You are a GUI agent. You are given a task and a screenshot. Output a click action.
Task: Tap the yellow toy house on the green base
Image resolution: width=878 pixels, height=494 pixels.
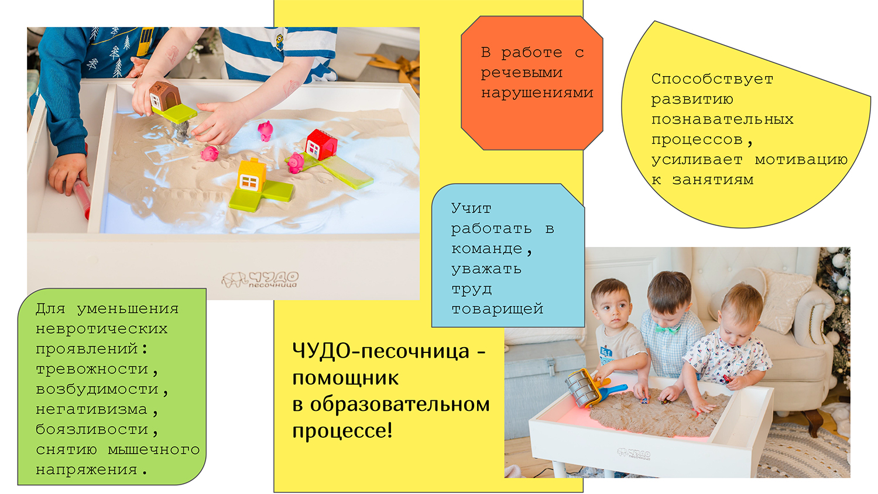tap(251, 176)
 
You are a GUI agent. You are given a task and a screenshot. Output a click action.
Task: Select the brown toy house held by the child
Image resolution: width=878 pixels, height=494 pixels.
tap(164, 95)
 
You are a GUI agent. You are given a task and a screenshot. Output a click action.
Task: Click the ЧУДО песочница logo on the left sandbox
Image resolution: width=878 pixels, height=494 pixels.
tap(260, 279)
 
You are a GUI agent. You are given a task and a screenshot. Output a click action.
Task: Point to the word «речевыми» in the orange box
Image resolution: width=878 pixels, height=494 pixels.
tap(522, 73)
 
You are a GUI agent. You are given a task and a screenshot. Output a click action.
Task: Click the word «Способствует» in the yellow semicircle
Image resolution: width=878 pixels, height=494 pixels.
tap(712, 79)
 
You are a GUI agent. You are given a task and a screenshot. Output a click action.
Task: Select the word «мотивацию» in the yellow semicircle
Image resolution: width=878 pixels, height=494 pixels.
tap(801, 160)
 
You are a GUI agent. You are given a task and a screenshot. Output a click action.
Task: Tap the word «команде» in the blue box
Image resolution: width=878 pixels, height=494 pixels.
tap(487, 249)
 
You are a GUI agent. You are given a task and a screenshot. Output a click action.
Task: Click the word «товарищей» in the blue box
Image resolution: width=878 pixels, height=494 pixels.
tap(497, 309)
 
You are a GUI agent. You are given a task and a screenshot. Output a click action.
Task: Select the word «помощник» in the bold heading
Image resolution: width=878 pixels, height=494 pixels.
tap(345, 378)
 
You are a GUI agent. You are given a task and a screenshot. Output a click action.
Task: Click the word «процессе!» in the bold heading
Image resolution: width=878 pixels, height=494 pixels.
tap(342, 431)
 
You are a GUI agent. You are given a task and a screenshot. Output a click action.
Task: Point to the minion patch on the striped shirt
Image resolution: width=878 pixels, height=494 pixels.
tap(280, 42)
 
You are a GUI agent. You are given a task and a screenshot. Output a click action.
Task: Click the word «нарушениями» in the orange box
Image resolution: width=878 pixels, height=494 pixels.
tap(537, 93)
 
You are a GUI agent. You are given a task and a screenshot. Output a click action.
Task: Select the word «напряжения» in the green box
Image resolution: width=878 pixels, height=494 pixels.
tap(87, 470)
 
